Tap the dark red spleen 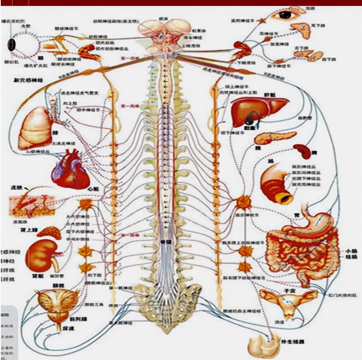[x=302, y=151]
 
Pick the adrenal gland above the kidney [x=49, y=232]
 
